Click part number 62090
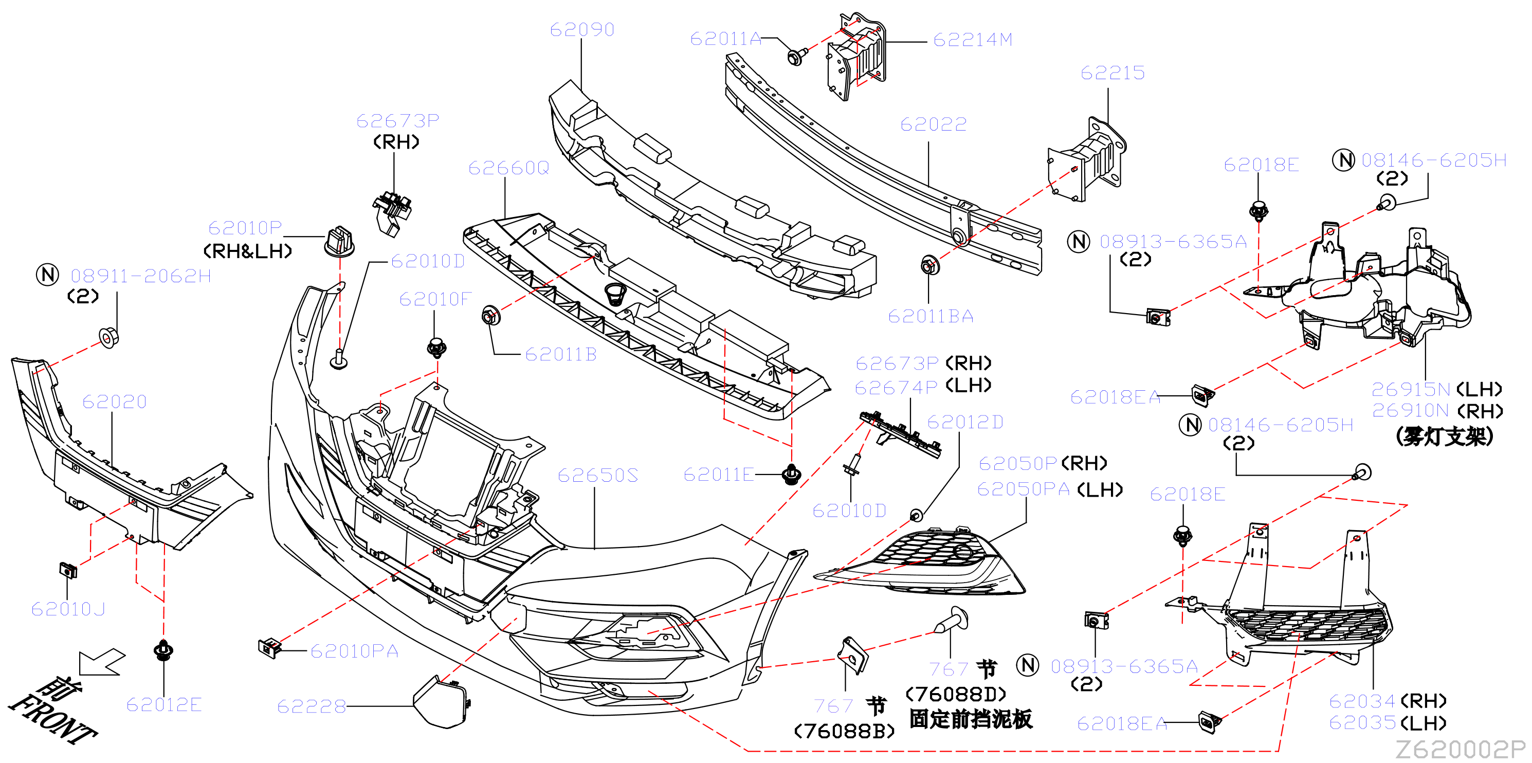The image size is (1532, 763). point(581,29)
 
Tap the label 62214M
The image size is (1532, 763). point(972,39)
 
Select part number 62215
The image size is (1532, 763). point(1112,72)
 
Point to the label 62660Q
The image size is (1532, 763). point(508,168)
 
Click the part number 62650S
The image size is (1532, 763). point(598,475)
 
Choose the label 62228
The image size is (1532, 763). point(312,706)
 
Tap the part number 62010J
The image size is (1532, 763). point(68,609)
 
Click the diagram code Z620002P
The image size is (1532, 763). point(1461,749)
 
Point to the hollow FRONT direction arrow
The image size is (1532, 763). point(102,662)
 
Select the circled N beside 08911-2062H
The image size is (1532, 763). point(48,275)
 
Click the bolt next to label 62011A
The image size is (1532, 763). point(796,57)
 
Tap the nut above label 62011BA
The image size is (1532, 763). point(930,265)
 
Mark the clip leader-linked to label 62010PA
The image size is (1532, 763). point(269,648)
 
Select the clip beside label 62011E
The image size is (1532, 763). point(791,474)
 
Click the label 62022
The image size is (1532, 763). point(933,124)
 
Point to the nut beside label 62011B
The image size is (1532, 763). point(490,315)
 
